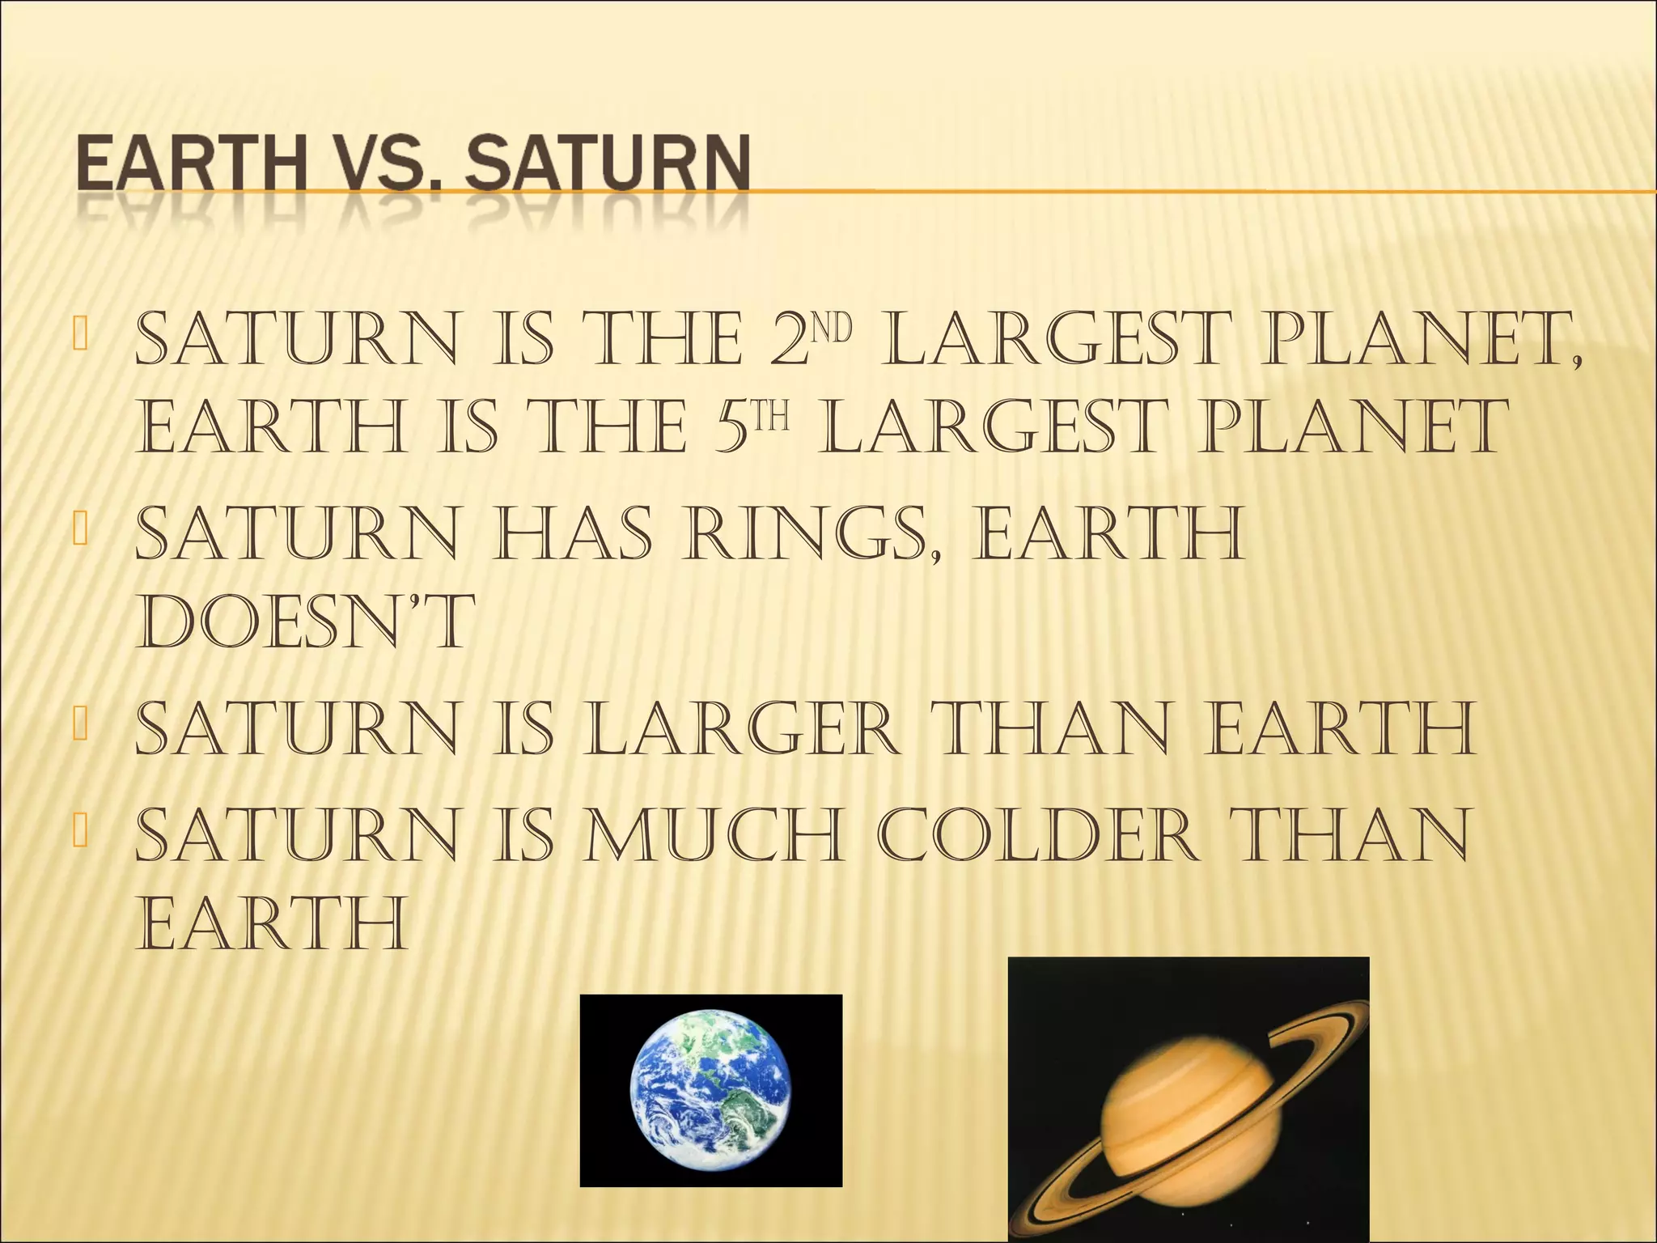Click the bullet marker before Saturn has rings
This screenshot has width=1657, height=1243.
[78, 528]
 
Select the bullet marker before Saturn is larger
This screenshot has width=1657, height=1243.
[78, 722]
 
